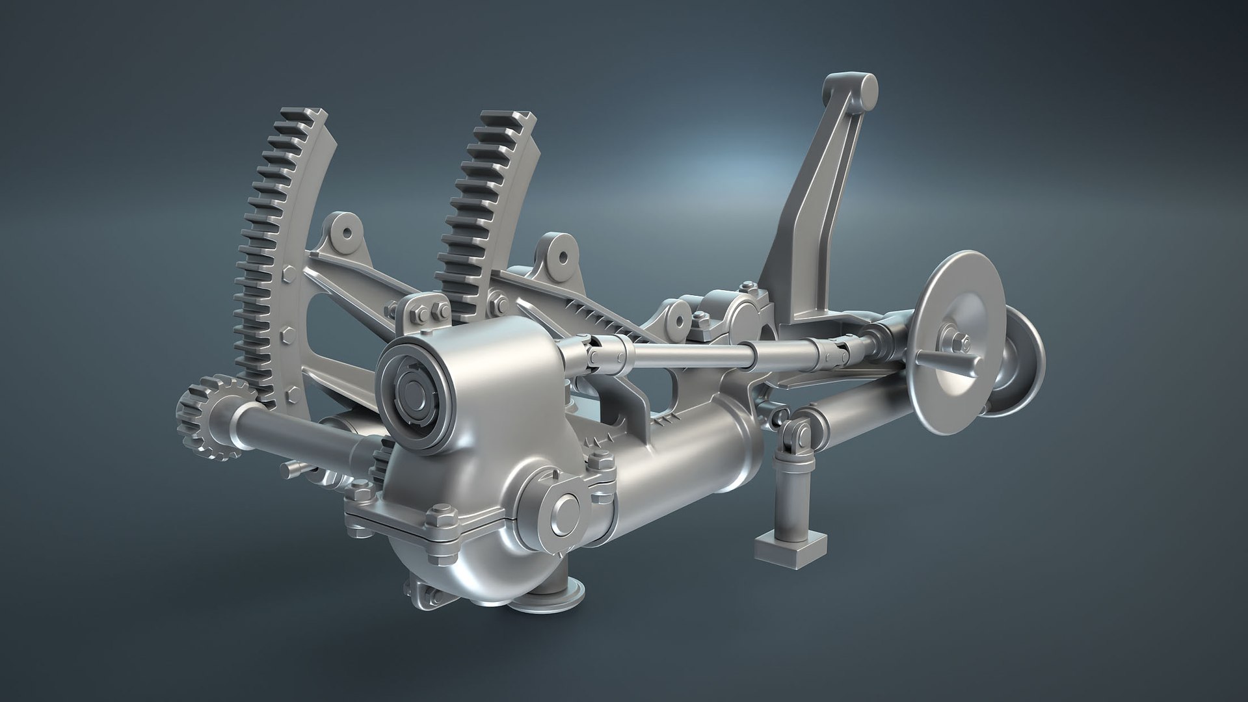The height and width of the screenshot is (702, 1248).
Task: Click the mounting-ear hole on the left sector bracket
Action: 346,231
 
